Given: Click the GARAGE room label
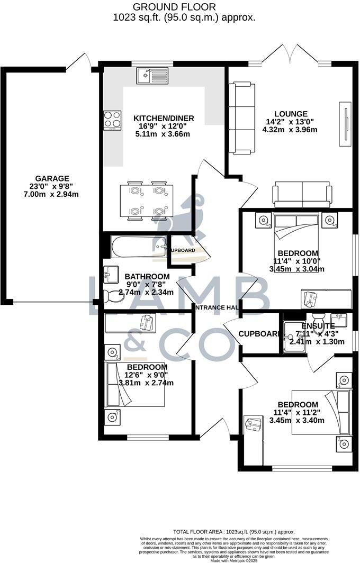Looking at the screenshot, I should tap(52, 178).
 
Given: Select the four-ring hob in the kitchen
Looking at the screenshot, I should tap(112, 120).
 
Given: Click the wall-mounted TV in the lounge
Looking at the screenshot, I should tap(346, 123).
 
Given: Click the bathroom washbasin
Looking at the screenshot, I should tap(112, 274).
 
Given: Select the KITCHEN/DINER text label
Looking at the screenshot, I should tap(164, 117).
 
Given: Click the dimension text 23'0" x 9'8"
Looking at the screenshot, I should tap(52, 187).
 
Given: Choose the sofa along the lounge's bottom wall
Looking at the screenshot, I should tap(302, 195).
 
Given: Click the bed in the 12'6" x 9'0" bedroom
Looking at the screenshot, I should tap(136, 384).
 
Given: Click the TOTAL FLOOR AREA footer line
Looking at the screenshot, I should tap(234, 532).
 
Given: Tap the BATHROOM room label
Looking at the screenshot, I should tap(147, 277).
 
